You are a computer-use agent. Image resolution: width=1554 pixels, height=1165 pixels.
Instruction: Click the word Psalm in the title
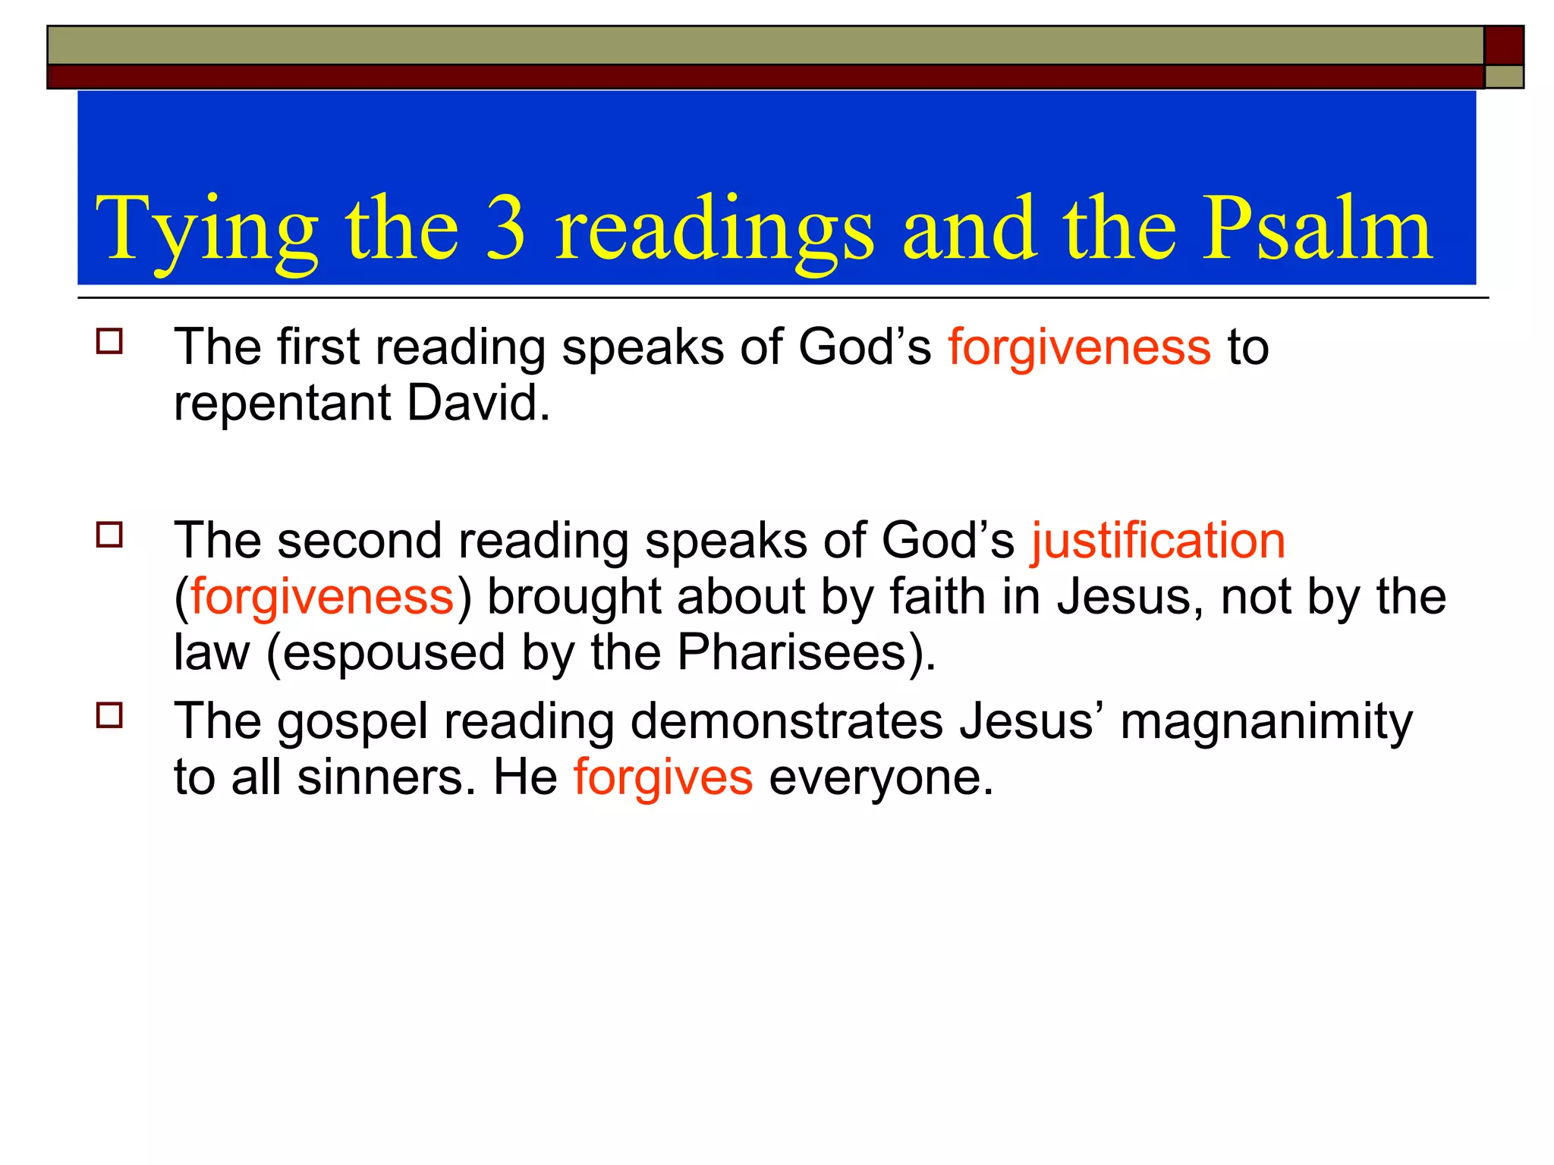[1319, 228]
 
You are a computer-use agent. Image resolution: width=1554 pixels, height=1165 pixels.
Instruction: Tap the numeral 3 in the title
[506, 228]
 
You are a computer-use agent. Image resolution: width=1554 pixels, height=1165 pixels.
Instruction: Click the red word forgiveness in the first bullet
[1079, 348]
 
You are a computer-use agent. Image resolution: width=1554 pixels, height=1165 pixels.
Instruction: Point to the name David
[478, 403]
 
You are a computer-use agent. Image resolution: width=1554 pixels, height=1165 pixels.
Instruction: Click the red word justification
[1158, 542]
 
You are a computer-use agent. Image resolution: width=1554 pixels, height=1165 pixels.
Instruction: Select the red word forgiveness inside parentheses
[322, 597]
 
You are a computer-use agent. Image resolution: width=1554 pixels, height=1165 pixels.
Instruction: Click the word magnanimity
[1266, 722]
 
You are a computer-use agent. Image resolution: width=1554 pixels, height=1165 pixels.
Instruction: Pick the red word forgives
[663, 778]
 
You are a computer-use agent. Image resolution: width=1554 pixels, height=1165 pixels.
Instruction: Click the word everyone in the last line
[881, 778]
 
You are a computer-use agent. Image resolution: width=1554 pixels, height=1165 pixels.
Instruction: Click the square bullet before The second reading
[109, 535]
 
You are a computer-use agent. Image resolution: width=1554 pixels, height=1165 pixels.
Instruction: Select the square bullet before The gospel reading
[109, 715]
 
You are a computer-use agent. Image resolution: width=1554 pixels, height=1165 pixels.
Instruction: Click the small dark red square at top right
[1503, 45]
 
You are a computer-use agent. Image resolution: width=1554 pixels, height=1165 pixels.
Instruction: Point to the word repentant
[282, 404]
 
